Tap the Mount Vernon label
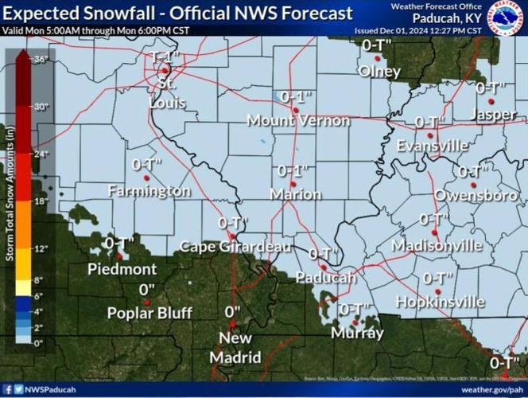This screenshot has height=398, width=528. click(298, 121)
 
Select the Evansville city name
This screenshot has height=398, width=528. click(433, 146)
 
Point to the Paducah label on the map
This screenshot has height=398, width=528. click(325, 278)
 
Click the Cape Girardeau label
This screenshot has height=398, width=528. click(235, 247)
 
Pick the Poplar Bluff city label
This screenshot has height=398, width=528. click(149, 313)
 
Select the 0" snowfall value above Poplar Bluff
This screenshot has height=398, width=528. click(146, 289)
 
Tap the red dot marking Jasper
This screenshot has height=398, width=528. click(491, 102)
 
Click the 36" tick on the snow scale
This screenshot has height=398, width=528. click(41, 60)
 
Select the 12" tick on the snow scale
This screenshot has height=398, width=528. click(41, 249)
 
